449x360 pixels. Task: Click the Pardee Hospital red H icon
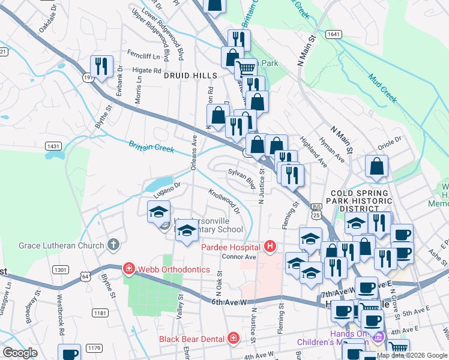[271, 246]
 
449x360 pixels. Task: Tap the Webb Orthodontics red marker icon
[127, 267]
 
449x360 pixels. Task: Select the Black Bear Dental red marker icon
[234, 339]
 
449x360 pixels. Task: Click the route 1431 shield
[53, 146]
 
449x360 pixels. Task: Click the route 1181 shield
[100, 313]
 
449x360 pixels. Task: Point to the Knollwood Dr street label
[224, 202]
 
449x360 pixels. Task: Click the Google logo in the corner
[20, 353]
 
